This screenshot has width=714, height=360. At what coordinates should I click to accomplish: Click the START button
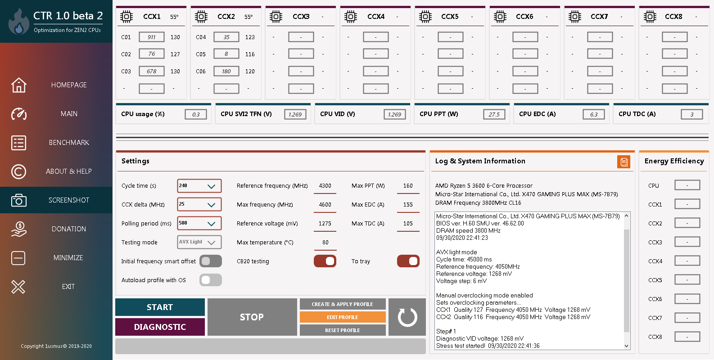point(160,307)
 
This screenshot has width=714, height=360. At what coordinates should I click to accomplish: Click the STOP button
point(252,317)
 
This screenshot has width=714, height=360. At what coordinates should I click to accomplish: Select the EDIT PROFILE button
point(343,317)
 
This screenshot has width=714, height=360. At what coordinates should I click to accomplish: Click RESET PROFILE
point(343,330)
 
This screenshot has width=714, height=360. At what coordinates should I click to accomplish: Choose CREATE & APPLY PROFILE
point(343,304)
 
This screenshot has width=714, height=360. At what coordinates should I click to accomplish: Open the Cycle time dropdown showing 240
point(199,186)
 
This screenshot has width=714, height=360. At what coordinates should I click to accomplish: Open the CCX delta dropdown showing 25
point(199,205)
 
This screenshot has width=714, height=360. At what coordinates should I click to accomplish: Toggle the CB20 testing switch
point(325,261)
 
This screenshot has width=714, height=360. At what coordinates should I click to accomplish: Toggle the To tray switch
point(408,261)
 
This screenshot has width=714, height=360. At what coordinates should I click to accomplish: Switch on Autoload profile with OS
point(210,280)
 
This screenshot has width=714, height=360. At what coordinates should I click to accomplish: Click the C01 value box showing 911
point(151,37)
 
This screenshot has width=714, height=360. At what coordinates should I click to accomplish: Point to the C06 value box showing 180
point(226,71)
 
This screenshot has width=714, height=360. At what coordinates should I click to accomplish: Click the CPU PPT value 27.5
point(494,114)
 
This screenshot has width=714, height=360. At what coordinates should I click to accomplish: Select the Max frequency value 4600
point(325,205)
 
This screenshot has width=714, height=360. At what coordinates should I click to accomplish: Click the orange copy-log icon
point(624,162)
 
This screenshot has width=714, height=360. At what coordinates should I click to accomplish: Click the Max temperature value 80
point(325,243)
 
